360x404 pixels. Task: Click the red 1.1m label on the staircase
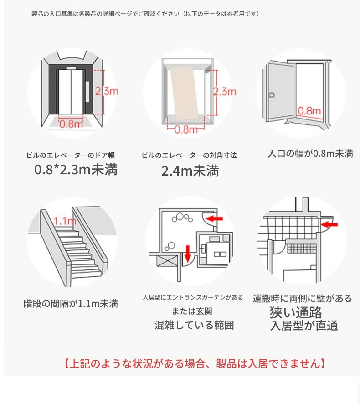pyautogui.click(x=65, y=221)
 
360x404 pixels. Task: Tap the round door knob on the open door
pyautogui.click(x=272, y=95)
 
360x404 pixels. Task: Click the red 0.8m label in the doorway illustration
pyautogui.click(x=309, y=111)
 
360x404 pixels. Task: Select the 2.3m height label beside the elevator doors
pyautogui.click(x=107, y=91)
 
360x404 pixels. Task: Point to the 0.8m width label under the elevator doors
pyautogui.click(x=71, y=124)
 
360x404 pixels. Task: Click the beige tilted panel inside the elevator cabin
pyautogui.click(x=186, y=93)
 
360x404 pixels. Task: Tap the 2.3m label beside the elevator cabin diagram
pyautogui.click(x=225, y=92)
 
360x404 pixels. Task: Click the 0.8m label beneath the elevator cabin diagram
pyautogui.click(x=186, y=129)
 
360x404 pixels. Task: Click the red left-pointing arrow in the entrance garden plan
pyautogui.click(x=214, y=218)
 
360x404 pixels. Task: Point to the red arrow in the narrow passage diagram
pyautogui.click(x=330, y=224)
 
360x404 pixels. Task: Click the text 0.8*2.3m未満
pyautogui.click(x=76, y=169)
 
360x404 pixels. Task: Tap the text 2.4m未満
pyautogui.click(x=190, y=171)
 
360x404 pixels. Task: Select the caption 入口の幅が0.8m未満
pyautogui.click(x=310, y=154)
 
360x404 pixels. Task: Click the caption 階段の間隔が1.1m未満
pyautogui.click(x=71, y=303)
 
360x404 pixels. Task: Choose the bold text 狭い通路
pyautogui.click(x=296, y=312)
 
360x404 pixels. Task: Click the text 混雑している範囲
pyautogui.click(x=194, y=325)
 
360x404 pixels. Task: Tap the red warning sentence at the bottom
pyautogui.click(x=194, y=363)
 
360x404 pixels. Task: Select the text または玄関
pyautogui.click(x=192, y=311)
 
